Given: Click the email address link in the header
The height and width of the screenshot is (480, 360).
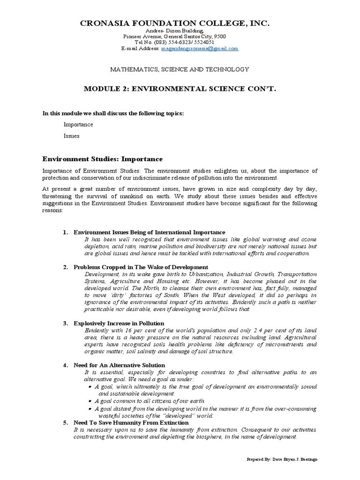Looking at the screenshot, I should coord(200,49).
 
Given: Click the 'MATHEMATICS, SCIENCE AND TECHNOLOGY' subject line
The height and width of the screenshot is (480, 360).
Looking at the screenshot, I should coord(180,69).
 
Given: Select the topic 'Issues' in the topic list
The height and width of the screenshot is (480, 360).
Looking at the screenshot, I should coord(71,136).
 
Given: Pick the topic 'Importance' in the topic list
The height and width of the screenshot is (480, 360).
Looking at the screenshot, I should coord(78,124).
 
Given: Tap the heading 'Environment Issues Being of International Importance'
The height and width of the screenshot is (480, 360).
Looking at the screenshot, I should coord(149,232).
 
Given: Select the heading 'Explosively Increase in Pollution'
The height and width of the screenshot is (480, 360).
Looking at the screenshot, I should coord(119,323).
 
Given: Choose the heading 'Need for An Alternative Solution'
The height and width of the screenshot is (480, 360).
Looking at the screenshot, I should coord(119,365).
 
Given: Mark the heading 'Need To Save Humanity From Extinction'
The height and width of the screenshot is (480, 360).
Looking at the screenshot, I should coord(131,422).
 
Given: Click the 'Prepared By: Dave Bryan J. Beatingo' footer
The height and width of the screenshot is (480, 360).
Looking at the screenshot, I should coord(282,459).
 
